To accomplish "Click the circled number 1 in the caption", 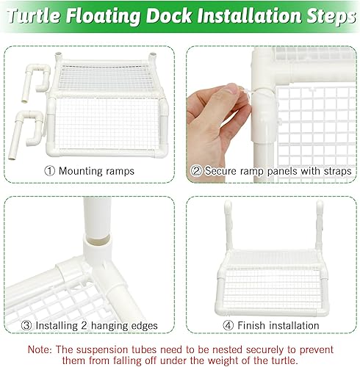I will pos(50,171).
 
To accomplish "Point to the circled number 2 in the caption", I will pos(196,171).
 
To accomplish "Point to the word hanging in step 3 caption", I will pos(109,325).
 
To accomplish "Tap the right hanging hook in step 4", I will pos(320,220).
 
